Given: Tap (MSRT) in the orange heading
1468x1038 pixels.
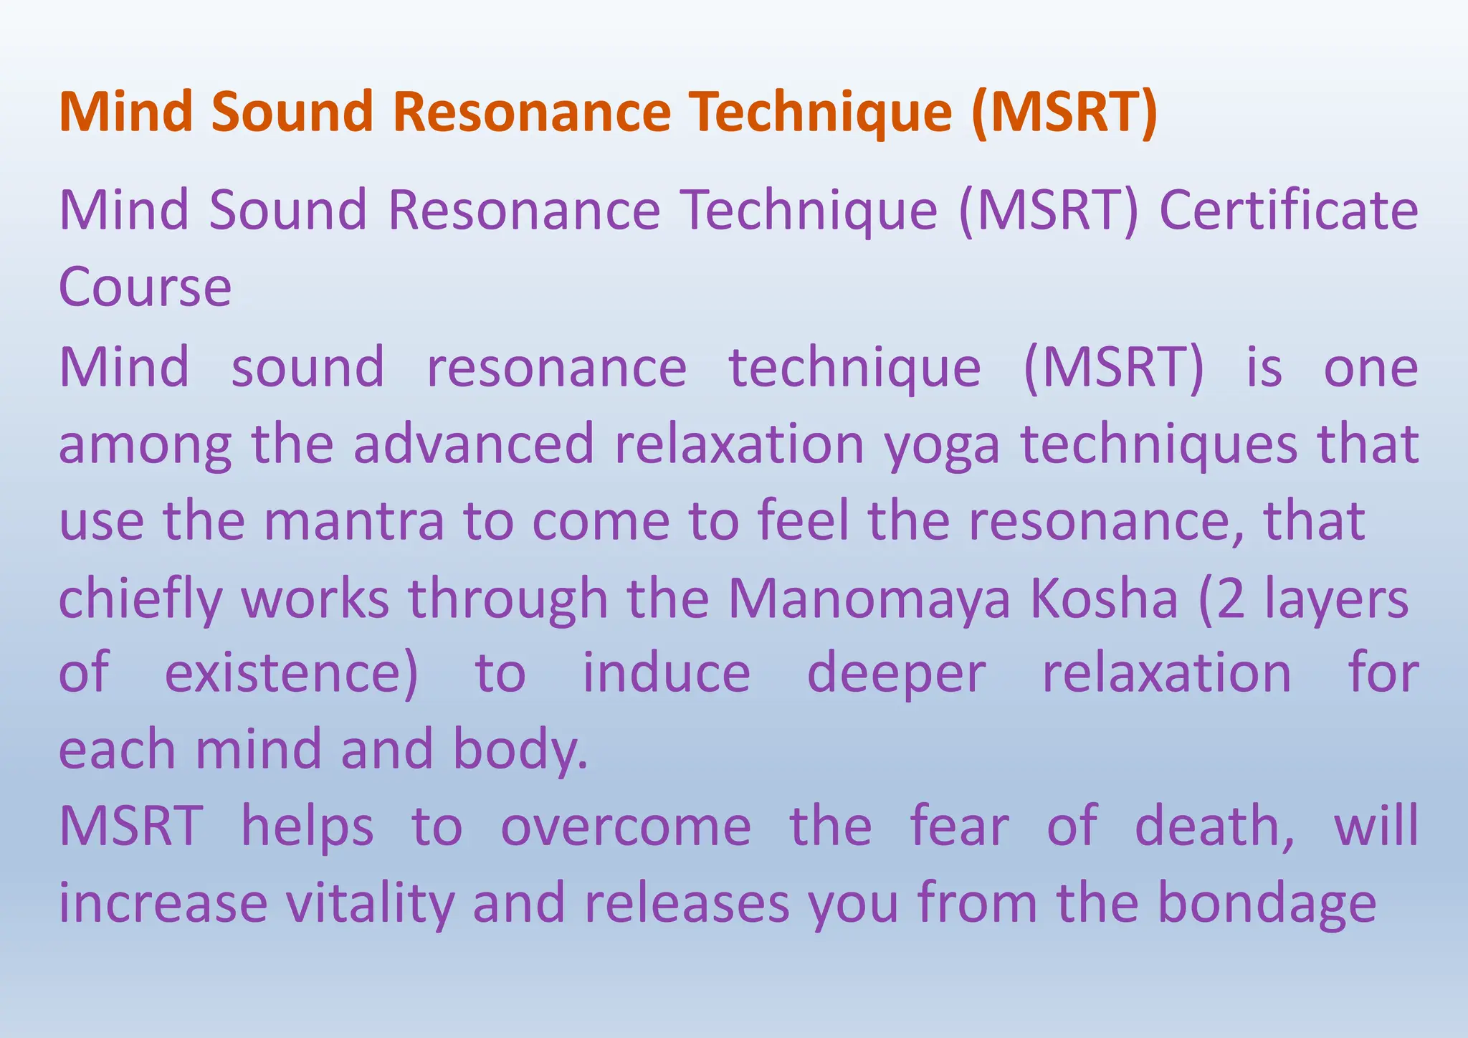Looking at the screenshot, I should click(1064, 113).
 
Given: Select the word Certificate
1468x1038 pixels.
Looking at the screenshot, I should click(1288, 210).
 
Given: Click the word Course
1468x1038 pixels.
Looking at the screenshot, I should click(145, 287).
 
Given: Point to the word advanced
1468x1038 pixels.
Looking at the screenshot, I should click(474, 444).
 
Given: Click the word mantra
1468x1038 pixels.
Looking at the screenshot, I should click(354, 521).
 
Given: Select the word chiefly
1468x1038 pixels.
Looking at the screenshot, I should click(140, 599).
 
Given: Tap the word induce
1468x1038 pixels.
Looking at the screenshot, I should click(666, 674).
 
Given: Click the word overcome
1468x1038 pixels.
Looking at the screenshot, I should click(625, 826).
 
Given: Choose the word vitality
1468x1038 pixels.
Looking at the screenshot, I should click(370, 903).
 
